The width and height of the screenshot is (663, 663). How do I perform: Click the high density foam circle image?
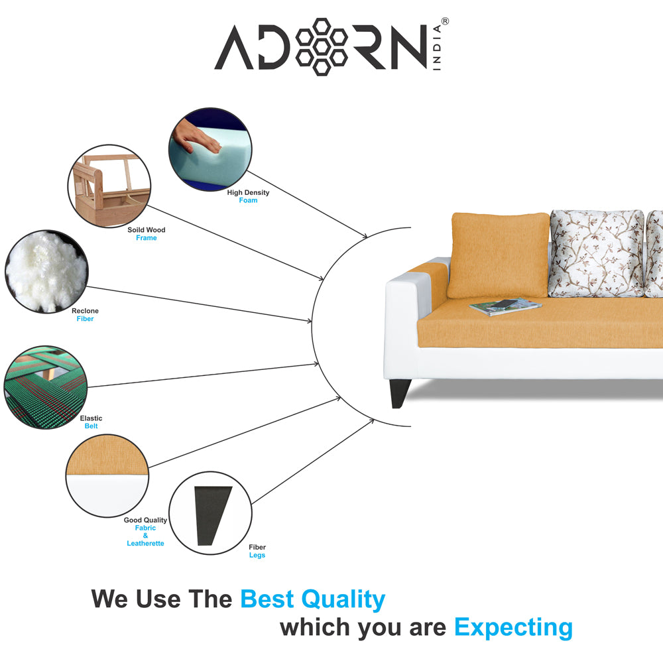point(210,149)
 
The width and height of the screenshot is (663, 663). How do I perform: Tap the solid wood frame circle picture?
point(109,186)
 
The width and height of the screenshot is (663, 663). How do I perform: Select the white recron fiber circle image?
point(46,271)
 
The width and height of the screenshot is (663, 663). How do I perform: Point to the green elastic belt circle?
point(46,387)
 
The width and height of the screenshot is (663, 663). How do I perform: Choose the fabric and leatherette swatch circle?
point(107,475)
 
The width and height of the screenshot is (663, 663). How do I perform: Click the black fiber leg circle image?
point(210,513)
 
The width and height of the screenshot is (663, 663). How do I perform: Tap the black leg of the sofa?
point(400,394)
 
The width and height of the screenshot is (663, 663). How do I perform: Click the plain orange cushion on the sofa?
point(499,255)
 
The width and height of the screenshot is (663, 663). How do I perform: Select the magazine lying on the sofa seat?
point(505,306)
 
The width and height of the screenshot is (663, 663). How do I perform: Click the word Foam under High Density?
point(248,200)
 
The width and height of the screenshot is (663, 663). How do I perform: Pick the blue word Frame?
point(147,238)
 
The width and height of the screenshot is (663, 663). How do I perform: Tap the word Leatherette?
point(145,544)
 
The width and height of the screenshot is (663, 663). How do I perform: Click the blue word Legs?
point(257,555)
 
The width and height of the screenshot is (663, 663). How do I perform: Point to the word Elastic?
point(91,418)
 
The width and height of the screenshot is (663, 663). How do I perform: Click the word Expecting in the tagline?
point(513,628)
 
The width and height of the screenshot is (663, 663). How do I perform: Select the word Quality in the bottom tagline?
point(343,599)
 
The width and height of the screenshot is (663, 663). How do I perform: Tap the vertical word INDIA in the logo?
point(437,47)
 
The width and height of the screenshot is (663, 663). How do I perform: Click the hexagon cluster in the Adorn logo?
point(322,47)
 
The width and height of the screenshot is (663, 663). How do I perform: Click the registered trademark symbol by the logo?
point(445,21)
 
